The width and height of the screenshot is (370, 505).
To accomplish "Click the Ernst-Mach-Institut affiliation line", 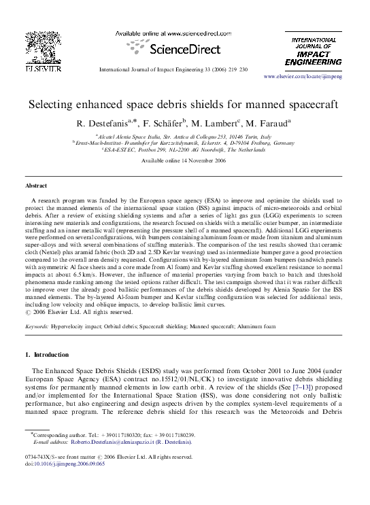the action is click(184, 143).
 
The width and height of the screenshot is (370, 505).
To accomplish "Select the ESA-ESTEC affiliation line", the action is click(184, 150).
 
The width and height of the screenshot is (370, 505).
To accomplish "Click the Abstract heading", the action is click(35, 185).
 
